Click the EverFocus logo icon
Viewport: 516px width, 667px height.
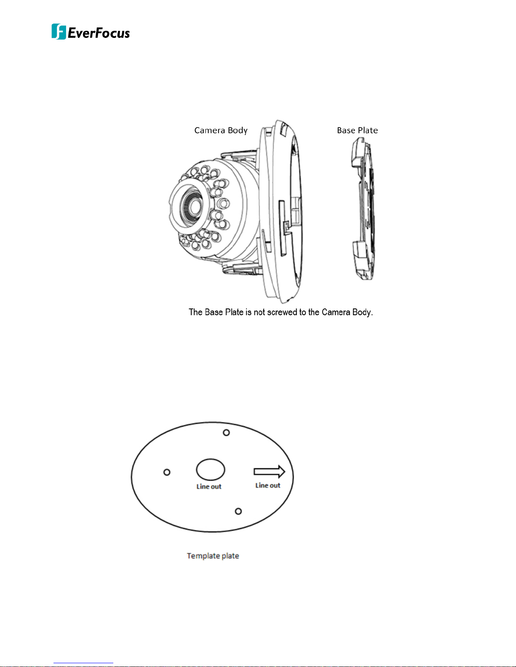point(59,32)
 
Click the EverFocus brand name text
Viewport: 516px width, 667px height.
point(99,33)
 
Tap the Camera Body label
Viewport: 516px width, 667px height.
point(221,130)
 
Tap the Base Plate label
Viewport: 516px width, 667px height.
point(357,130)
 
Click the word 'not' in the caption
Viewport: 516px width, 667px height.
point(259,312)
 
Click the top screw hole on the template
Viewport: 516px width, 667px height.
point(226,433)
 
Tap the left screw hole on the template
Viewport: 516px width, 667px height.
point(167,472)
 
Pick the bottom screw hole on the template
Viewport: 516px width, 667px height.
point(238,511)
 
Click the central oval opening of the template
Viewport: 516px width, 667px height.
point(210,469)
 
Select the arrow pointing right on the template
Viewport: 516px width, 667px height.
point(269,472)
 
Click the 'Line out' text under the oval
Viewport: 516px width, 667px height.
point(209,486)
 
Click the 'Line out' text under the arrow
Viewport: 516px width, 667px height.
point(268,486)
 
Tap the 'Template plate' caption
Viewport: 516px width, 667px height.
point(213,556)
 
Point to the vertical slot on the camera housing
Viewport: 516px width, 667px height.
point(281,227)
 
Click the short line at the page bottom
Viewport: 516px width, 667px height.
point(83,663)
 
